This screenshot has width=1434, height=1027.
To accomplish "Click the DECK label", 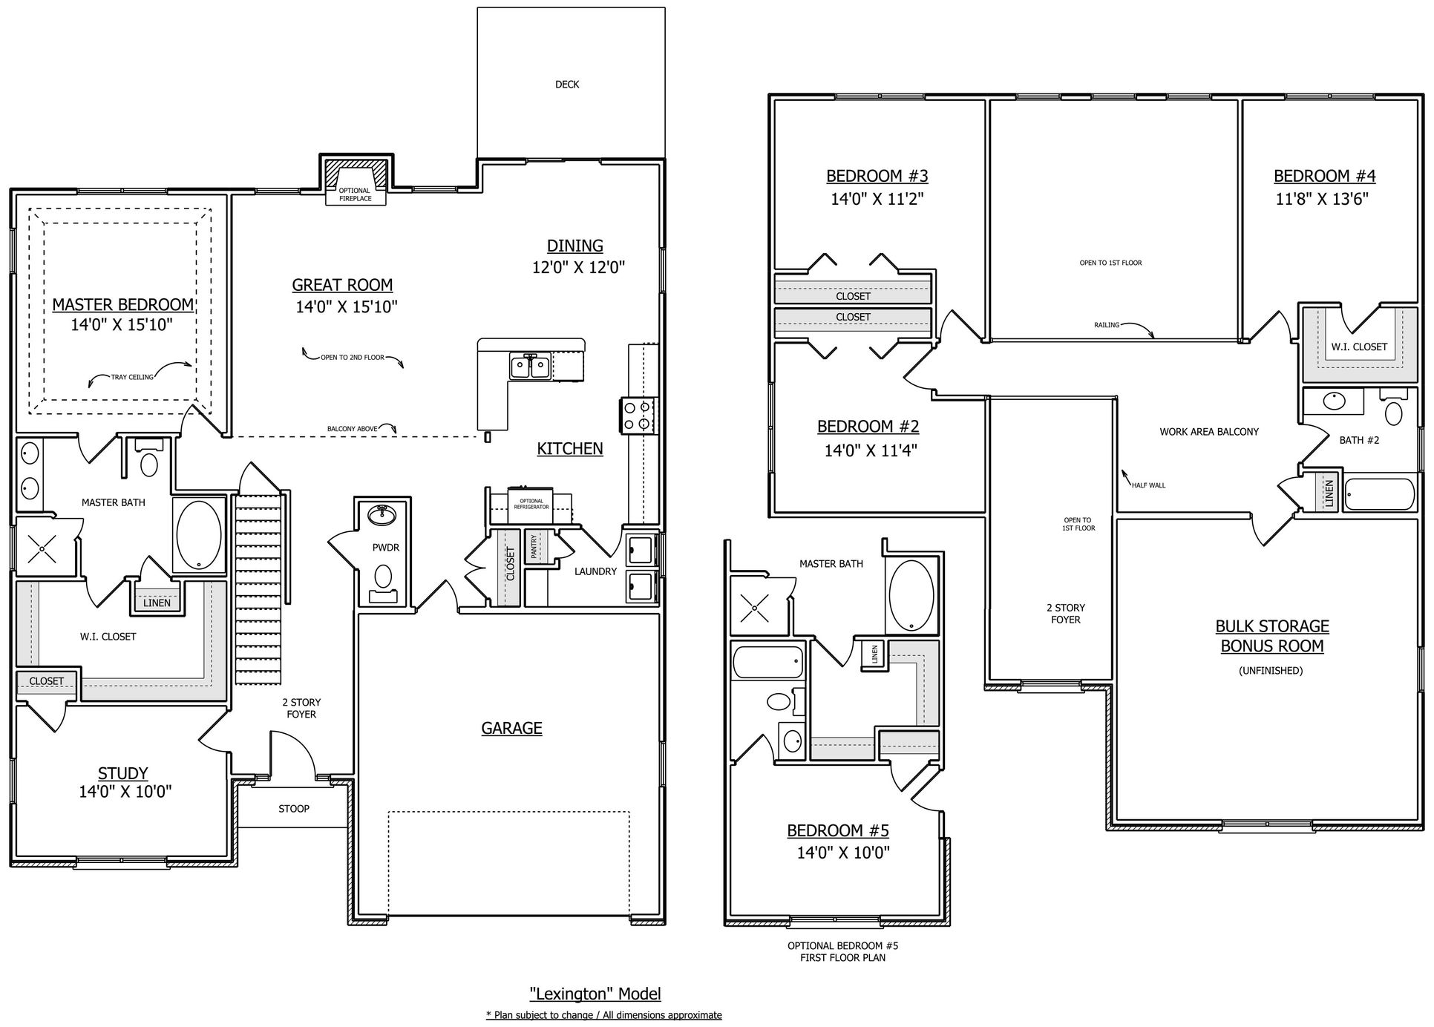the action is [567, 85].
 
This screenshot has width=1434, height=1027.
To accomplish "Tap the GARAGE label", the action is [511, 729].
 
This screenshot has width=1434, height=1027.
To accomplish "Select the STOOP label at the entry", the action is [294, 809].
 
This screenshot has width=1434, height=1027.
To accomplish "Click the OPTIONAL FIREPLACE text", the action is [355, 194].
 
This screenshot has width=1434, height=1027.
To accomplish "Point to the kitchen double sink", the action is [530, 366].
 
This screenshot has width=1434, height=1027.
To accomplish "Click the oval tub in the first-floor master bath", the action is [199, 534].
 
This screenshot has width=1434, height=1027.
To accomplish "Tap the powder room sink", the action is [383, 514].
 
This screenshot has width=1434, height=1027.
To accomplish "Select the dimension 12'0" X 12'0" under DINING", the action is [578, 268].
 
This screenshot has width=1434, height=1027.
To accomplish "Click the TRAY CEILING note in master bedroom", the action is [132, 377].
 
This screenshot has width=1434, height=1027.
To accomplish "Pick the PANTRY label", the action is [534, 547].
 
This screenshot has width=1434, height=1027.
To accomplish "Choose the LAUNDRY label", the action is [595, 571].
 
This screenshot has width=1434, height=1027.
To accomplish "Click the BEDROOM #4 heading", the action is [1325, 177].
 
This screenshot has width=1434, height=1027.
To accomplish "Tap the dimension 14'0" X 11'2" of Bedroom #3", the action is [877, 199].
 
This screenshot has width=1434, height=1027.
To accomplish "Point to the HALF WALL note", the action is [1148, 485].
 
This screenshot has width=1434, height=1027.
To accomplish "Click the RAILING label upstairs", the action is [1107, 325].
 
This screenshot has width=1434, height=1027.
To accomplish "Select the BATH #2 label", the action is [1359, 440].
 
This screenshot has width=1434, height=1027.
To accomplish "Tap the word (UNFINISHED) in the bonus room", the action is [1271, 671].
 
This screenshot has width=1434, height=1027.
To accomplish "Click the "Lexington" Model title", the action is [595, 994].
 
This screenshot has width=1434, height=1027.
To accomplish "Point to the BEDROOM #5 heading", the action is [838, 831].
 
